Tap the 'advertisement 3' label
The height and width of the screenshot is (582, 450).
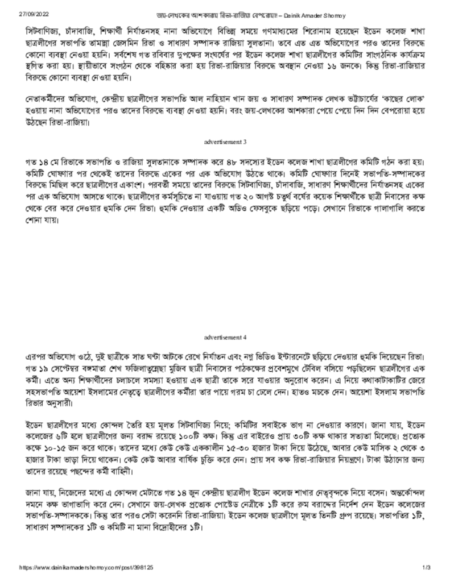225,140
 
